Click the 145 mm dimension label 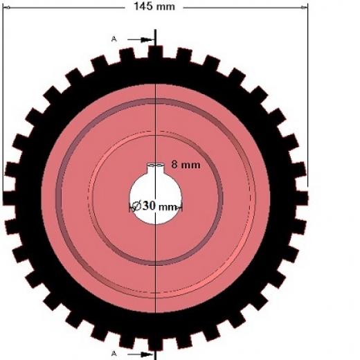click(154, 6)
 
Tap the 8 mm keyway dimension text click(186, 165)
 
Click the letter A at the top click(114, 39)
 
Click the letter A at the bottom click(114, 353)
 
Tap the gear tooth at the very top click(155, 52)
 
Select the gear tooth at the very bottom click(155, 344)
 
